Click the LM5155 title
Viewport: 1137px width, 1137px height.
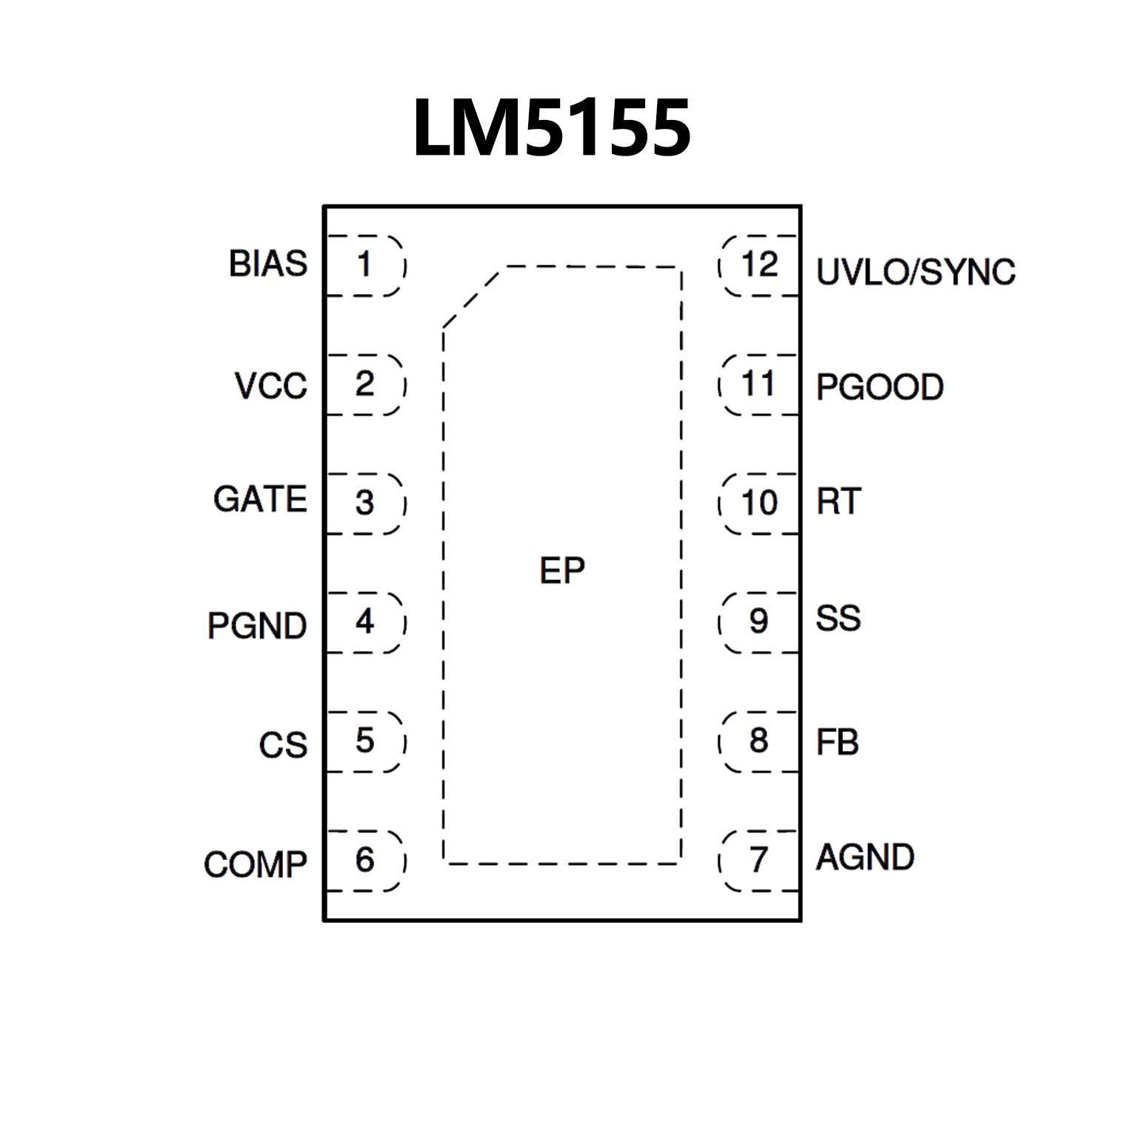pos(552,128)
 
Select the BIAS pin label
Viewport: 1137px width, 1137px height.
pos(267,264)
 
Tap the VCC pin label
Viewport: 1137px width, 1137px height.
pos(270,386)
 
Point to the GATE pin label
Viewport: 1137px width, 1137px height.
pos(260,499)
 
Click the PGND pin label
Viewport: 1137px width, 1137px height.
pos(257,626)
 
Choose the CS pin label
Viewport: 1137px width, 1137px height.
pos(283,745)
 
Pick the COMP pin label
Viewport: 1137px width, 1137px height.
pos(256,864)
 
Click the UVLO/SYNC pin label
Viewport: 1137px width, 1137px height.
pos(916,273)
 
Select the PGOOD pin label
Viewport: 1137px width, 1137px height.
pos(879,387)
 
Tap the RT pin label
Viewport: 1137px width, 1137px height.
pos(838,502)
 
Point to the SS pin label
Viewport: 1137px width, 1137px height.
pos(838,618)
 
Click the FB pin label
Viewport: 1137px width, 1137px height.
pos(837,742)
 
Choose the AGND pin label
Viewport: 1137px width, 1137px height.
pos(864,858)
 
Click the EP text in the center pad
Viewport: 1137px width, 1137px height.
pos(562,571)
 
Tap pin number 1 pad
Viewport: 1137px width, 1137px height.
pos(365,265)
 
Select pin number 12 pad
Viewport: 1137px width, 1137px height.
pos(759,265)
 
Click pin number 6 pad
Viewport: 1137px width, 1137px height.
pos(365,860)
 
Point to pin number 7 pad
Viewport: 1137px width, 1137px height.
pos(759,860)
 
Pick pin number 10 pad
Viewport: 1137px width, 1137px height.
pos(759,503)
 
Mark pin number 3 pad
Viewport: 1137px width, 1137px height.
pos(365,503)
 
